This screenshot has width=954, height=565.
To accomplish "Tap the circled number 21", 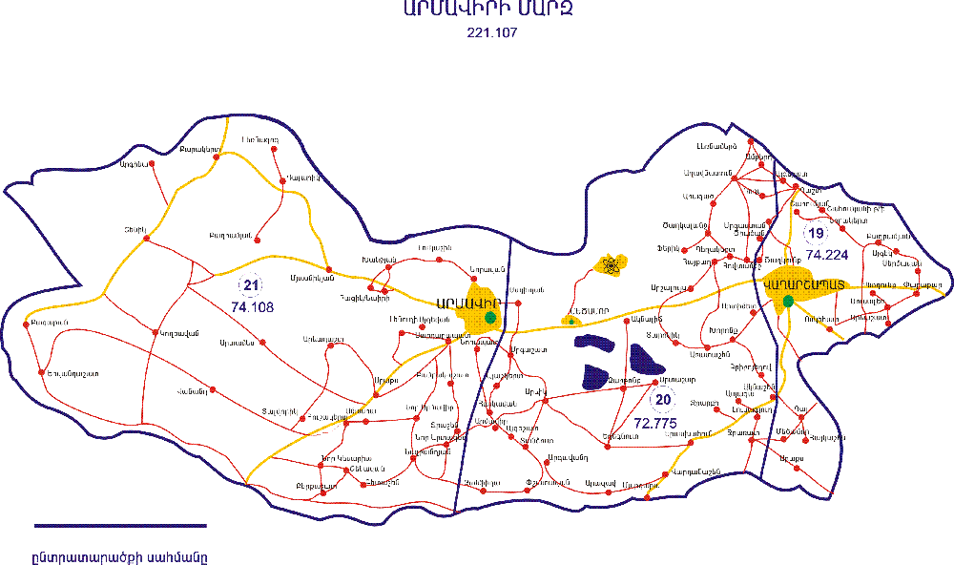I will click(x=251, y=285).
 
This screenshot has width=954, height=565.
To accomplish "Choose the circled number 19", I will click(x=814, y=234).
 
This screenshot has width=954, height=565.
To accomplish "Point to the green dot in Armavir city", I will click(x=489, y=317).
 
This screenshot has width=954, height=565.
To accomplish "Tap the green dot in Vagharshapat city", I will click(x=788, y=302).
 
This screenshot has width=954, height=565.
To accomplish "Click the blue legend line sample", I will click(x=120, y=525).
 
